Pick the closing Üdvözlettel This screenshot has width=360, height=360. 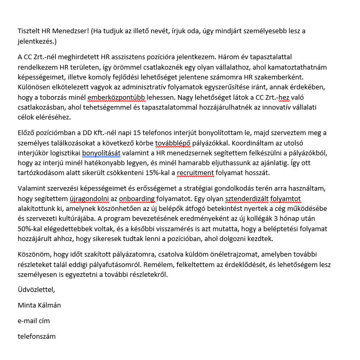tap(36, 289)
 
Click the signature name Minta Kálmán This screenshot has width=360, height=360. tap(39, 305)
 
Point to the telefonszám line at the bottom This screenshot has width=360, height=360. tap(36, 336)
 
